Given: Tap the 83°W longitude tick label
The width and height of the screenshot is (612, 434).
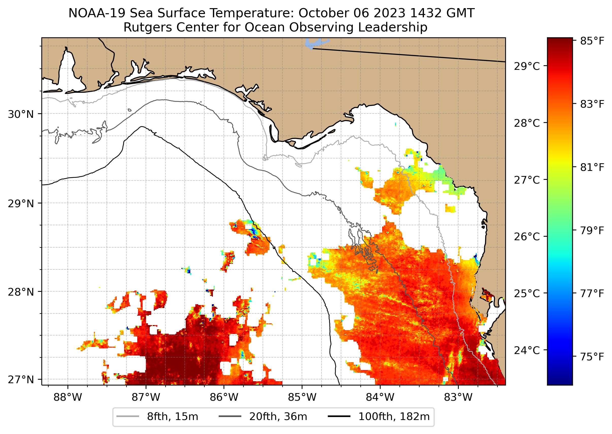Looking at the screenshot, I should coord(458,397).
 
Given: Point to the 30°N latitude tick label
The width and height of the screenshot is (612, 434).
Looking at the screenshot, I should coord(21,114).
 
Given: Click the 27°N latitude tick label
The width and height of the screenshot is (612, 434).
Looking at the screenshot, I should coord(21,379).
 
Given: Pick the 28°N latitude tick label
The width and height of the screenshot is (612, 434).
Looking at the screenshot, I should coord(21,292).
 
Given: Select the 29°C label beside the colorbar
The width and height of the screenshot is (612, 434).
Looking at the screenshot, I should coord(526,66).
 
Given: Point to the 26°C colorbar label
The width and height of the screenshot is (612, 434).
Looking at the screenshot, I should coord(526,236).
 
